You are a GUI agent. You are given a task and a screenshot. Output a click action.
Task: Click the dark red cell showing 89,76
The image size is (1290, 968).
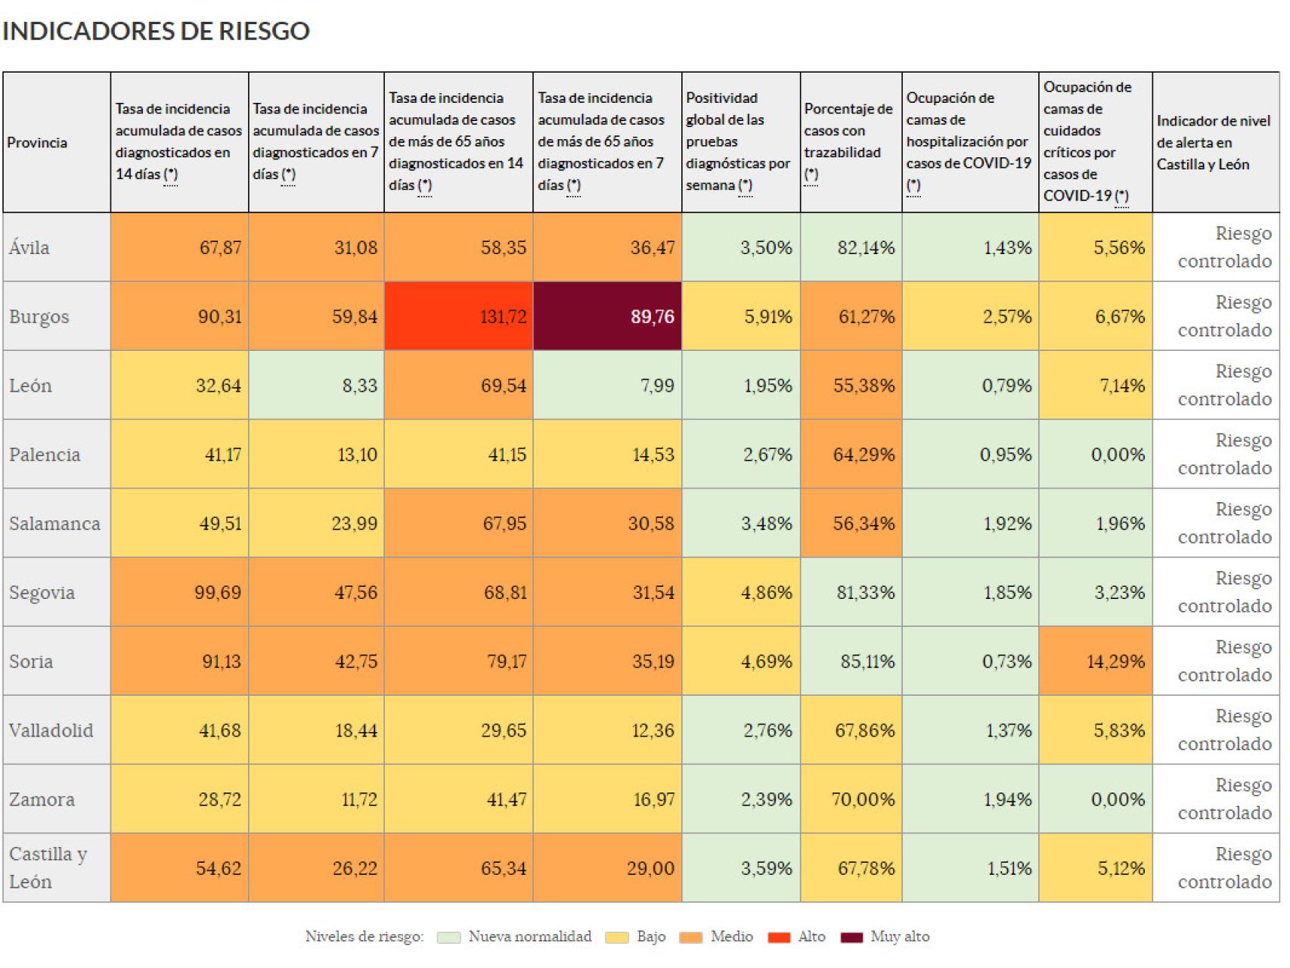[607, 316]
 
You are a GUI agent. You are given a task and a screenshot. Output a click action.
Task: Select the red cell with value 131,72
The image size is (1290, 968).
[459, 316]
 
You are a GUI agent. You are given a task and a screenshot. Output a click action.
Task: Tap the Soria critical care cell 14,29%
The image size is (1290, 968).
[1096, 661]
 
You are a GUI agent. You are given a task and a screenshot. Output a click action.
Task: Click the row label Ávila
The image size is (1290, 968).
[29, 247]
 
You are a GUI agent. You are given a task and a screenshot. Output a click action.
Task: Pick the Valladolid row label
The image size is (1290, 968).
[51, 731]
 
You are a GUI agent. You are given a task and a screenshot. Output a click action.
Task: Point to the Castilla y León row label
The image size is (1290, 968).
[48, 867]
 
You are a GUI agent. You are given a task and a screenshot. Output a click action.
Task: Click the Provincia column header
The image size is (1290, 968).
[37, 142]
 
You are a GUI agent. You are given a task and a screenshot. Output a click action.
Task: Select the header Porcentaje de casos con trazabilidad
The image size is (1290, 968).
[848, 141]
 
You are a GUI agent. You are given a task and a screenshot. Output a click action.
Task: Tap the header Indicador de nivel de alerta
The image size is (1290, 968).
[1214, 142]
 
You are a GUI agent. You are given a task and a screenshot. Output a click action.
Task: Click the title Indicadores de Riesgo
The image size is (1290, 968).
[156, 31]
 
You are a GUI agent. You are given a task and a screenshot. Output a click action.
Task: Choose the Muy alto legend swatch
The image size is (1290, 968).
[851, 938]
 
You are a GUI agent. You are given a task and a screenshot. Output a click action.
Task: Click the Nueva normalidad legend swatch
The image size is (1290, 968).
[448, 938]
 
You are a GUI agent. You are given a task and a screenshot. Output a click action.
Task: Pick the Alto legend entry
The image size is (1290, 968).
[797, 937]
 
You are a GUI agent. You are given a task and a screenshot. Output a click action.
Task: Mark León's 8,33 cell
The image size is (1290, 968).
[316, 385]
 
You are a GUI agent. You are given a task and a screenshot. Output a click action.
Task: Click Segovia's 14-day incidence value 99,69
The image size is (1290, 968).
[179, 592]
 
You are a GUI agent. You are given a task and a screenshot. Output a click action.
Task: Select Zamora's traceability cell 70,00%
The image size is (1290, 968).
[851, 799]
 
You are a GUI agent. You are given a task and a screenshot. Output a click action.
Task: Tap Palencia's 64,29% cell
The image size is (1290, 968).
[851, 455]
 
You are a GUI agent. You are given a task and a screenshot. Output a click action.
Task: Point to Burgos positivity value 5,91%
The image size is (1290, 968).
[740, 316]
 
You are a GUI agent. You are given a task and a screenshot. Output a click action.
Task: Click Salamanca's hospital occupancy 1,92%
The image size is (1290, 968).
[970, 523]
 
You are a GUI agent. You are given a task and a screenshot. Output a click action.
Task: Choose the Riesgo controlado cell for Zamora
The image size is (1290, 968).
[1216, 799]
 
